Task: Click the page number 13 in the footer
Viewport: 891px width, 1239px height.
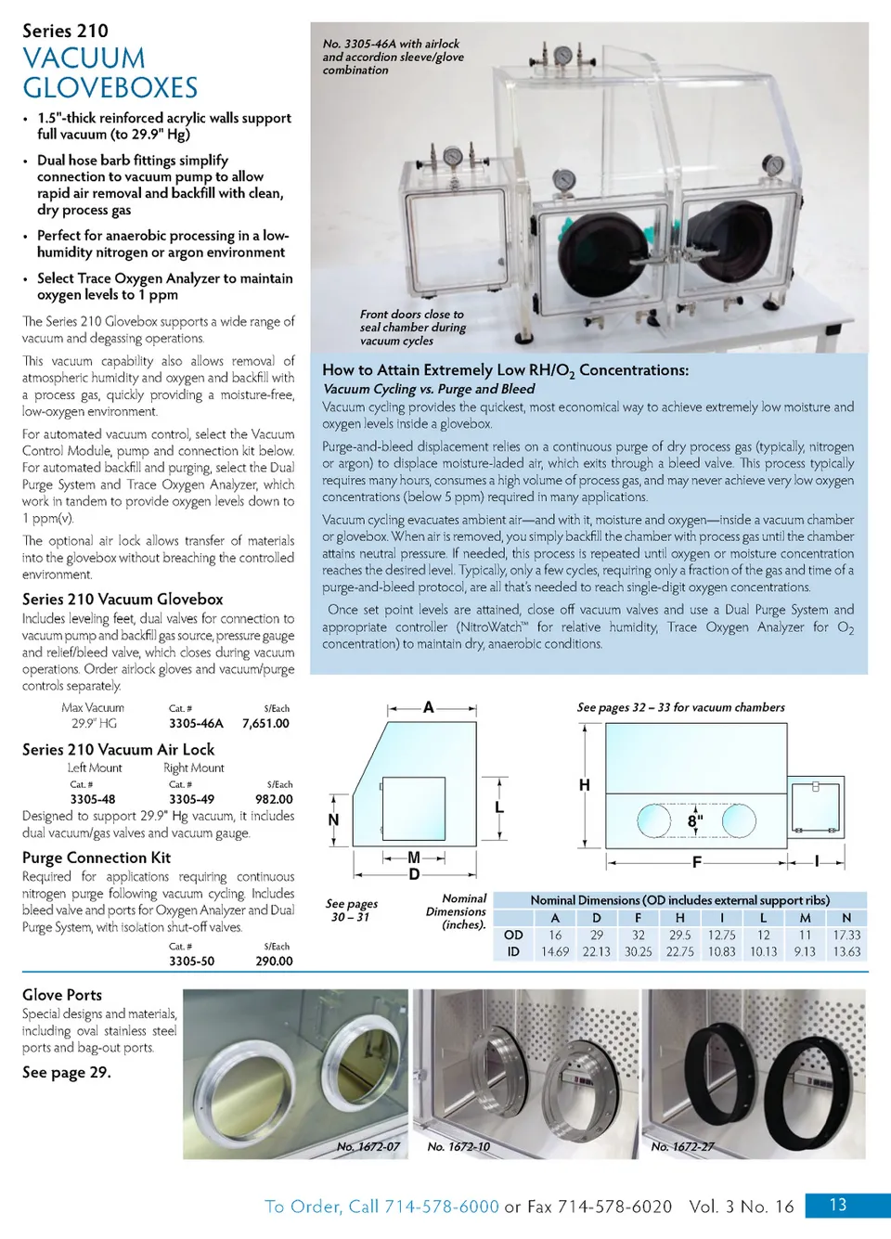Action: coord(837,1205)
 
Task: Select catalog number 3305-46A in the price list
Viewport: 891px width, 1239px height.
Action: coord(196,723)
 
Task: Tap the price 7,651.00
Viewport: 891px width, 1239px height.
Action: coord(265,723)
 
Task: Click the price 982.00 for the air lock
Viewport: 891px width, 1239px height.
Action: coord(274,799)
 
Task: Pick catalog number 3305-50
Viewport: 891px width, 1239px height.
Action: coord(191,962)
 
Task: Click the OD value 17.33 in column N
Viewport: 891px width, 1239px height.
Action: coord(846,936)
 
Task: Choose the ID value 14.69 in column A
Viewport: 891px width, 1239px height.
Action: coord(555,952)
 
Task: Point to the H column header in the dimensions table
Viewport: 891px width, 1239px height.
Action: coord(679,918)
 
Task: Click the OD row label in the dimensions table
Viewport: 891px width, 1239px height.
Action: coord(513,936)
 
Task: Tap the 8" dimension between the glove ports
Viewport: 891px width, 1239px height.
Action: coord(695,821)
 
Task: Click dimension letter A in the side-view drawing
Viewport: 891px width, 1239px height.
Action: coord(429,707)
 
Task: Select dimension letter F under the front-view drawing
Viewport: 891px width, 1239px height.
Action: coord(696,862)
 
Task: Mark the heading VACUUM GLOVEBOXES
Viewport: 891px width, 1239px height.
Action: coord(110,73)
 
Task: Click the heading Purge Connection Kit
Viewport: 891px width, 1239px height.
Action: coord(97,858)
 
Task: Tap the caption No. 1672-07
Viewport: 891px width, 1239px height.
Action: coord(368,1147)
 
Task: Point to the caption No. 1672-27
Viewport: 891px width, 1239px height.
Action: coord(682,1147)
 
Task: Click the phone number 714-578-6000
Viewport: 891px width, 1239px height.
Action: coord(442,1207)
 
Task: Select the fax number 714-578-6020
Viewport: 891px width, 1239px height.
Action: coord(614,1207)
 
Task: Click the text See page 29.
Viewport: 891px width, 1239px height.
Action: coord(67,1072)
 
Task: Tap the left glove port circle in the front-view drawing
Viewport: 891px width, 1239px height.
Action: coord(654,820)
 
